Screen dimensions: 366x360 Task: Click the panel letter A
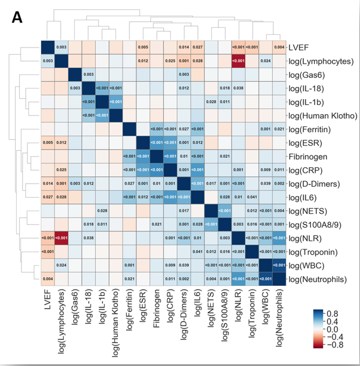coord(17,18)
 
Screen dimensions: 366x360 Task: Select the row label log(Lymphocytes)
coord(323,60)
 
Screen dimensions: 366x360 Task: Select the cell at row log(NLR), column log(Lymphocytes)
coord(61,238)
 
